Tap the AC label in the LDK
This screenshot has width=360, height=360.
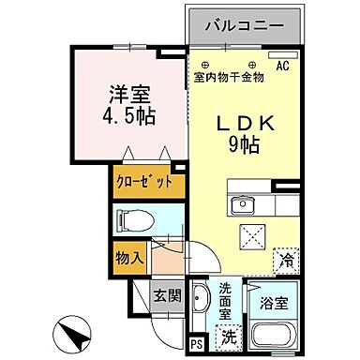pos(282,65)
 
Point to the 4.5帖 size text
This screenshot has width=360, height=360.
pos(130,117)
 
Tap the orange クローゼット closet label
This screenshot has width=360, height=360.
pos(144,182)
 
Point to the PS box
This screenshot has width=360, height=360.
pos(195,343)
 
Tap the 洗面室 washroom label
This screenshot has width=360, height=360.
pos(228,303)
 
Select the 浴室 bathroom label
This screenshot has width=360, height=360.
pos(275,305)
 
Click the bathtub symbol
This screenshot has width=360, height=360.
pos(276,335)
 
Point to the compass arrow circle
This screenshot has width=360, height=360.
pos(76,333)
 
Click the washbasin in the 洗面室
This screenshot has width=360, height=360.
pos(202,305)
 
